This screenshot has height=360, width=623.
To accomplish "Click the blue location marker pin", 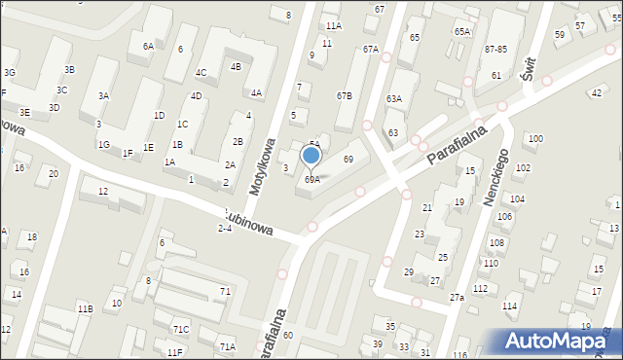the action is coord(311,156).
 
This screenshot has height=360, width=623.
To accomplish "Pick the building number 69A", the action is coord(311,179).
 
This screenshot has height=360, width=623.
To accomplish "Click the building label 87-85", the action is coord(496,49).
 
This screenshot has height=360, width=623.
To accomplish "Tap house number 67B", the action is coord(344,96).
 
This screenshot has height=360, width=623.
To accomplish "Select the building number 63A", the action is coord(393,99).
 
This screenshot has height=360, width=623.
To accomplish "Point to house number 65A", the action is coord(461,32).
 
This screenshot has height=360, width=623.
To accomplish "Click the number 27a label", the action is coord(457,297).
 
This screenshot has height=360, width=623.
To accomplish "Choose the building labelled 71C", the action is coord(181,330).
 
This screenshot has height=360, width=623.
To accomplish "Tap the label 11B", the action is coord(85,308).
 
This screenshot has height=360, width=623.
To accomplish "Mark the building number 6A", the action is coord(148,46).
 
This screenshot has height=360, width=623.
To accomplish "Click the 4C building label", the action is coord(201,72).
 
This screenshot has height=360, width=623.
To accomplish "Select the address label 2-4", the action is coord(225,228).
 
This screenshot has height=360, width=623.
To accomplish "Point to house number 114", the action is coord(508,306).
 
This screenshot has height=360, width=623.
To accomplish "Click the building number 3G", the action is coord(9,72).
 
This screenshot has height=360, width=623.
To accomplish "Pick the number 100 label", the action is coord(534,139).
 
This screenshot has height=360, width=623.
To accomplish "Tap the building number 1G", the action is coord(103,144).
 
